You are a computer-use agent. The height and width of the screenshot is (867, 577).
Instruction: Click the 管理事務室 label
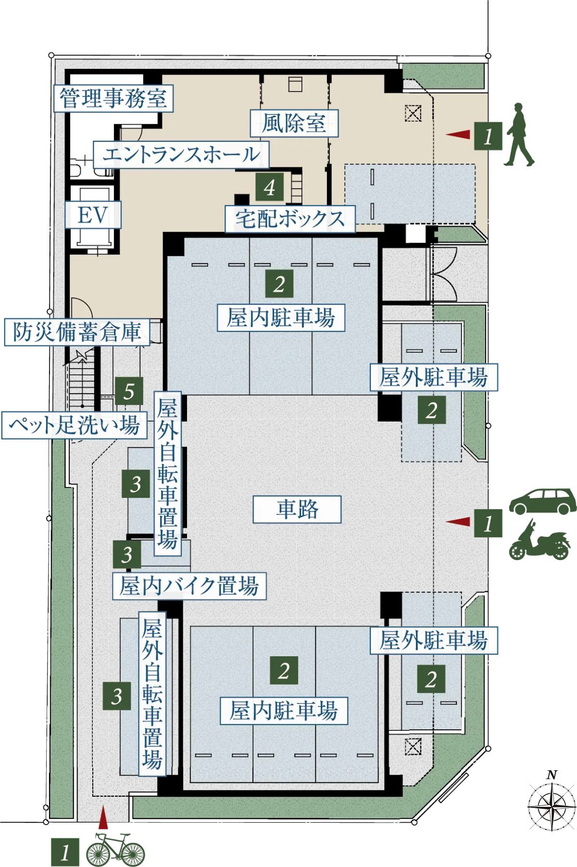pyautogui.click(x=113, y=99)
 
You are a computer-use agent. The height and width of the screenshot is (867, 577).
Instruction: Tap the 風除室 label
pyautogui.click(x=294, y=123)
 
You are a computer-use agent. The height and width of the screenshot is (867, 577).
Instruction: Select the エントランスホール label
pyautogui.click(x=181, y=154)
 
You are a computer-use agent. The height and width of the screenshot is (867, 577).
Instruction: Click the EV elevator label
pyautogui.click(x=93, y=215)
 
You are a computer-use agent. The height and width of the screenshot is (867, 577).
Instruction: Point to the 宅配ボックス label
pyautogui.click(x=290, y=219)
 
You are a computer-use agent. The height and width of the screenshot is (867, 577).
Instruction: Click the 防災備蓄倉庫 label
pyautogui.click(x=77, y=331)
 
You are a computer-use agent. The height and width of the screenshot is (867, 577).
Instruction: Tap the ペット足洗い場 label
pyautogui.click(x=75, y=425)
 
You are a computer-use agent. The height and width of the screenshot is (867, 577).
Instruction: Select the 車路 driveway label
pyautogui.click(x=297, y=509)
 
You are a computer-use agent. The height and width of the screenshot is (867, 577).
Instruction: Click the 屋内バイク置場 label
pyautogui.click(x=189, y=586)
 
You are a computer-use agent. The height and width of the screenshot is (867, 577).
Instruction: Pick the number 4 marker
pyautogui.click(x=269, y=187)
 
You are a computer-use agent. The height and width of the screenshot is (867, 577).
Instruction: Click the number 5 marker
pyautogui.click(x=129, y=391)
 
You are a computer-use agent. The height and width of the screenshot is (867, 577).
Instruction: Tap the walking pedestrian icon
pyautogui.click(x=519, y=134)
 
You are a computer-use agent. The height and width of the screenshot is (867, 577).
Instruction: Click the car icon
pyautogui.click(x=543, y=502)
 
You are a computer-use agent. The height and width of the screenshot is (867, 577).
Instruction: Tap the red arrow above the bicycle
pyautogui.click(x=103, y=817)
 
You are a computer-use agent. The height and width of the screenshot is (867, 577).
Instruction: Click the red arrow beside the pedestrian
pyautogui.click(x=458, y=135)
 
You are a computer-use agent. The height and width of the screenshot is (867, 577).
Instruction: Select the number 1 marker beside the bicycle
pyautogui.click(x=65, y=852)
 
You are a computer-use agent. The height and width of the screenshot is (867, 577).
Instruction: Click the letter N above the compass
pyautogui.click(x=552, y=775)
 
